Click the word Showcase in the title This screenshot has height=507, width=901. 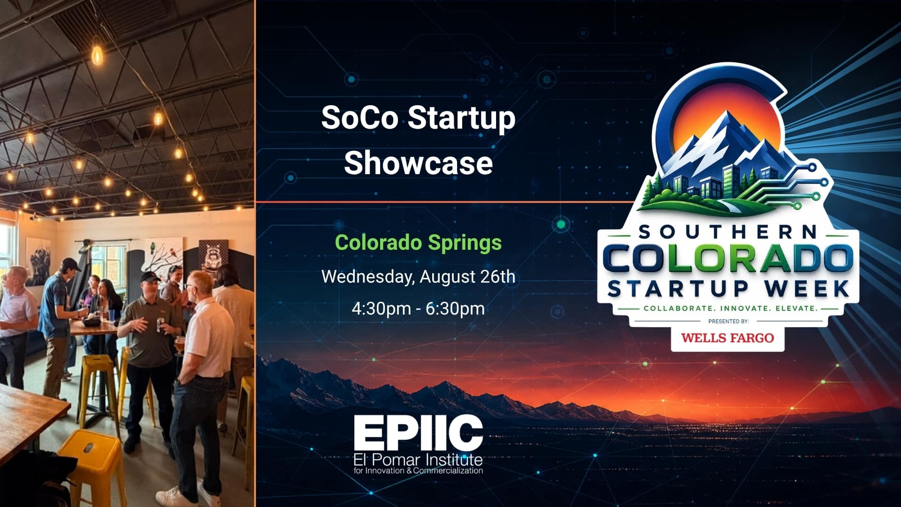point(418,163)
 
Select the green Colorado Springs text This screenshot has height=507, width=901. point(418,243)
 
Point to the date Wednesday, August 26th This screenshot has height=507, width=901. point(418,277)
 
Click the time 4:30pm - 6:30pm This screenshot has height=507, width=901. point(418,308)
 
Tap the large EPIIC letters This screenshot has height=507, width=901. point(418,433)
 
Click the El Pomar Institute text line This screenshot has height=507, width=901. point(418,459)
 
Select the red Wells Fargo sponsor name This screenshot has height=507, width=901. point(727,338)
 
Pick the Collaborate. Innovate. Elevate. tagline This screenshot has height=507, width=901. point(731,308)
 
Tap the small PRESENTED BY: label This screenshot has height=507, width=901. point(728,322)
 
